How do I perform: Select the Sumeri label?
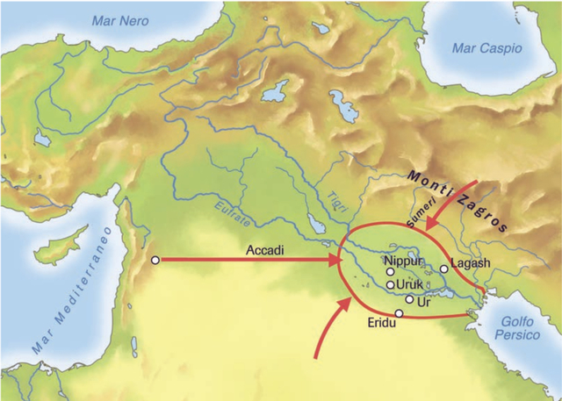[414, 214]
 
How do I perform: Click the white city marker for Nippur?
[391, 272]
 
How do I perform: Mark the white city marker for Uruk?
[391, 285]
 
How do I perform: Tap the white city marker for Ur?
[409, 299]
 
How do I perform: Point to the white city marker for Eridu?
[399, 313]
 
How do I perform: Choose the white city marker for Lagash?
[444, 269]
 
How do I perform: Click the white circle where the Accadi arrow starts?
[155, 260]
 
